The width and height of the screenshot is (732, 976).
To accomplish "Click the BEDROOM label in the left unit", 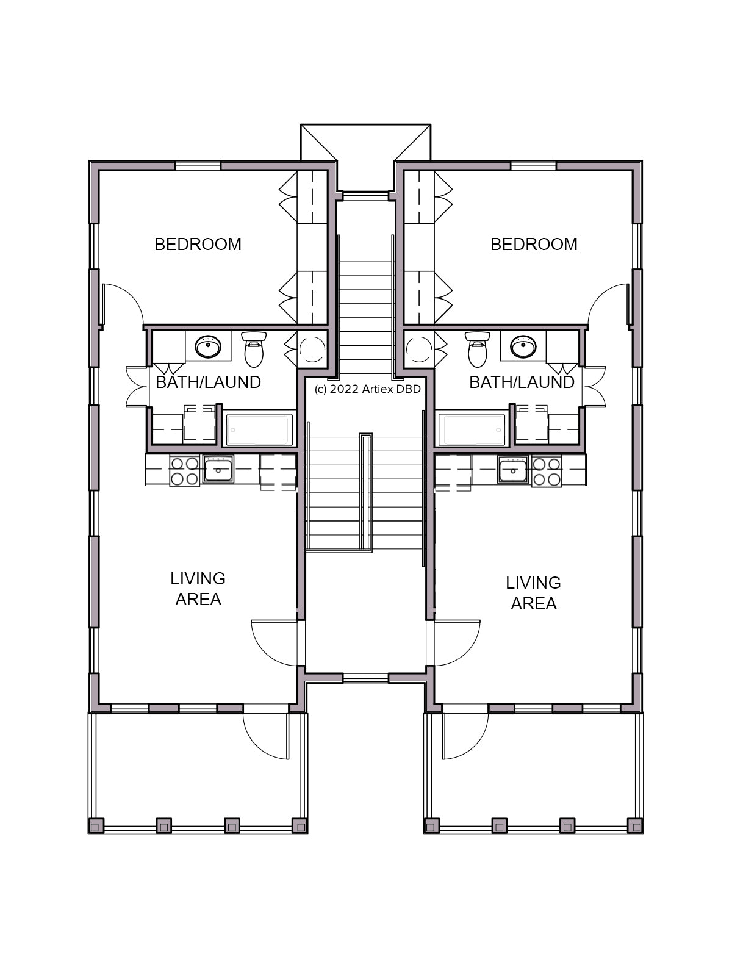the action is pyautogui.click(x=198, y=245).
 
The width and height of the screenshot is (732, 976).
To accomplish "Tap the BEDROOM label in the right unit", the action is pyautogui.click(x=534, y=245).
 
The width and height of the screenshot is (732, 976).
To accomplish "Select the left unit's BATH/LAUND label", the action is pyautogui.click(x=208, y=382).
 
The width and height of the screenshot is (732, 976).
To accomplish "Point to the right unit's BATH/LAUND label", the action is pyautogui.click(x=522, y=382).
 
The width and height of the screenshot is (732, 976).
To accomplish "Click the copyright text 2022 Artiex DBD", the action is pyautogui.click(x=368, y=389).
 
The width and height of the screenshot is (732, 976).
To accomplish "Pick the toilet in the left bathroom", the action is pyautogui.click(x=254, y=349).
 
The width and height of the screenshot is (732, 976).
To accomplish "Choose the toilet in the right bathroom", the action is pyautogui.click(x=478, y=349).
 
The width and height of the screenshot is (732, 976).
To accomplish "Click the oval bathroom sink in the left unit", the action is pyautogui.click(x=208, y=347).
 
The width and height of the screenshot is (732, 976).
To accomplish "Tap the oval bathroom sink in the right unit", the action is pyautogui.click(x=523, y=347).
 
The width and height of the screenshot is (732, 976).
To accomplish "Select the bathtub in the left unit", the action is pyautogui.click(x=260, y=430).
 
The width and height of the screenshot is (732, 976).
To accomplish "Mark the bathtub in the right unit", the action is pyautogui.click(x=472, y=430).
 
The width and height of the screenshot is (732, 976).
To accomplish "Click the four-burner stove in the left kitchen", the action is pyautogui.click(x=184, y=471).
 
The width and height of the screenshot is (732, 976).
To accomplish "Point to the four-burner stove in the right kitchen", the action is pyautogui.click(x=547, y=471).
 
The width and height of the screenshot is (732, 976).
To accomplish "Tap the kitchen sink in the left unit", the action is pyautogui.click(x=218, y=469).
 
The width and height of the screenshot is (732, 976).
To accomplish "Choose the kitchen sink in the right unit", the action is pyautogui.click(x=514, y=469).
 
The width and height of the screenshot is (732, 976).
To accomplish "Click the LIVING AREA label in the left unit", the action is pyautogui.click(x=198, y=589).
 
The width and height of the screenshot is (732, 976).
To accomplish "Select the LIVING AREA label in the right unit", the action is pyautogui.click(x=533, y=593).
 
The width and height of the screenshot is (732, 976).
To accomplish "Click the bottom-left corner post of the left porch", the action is pyautogui.click(x=96, y=826).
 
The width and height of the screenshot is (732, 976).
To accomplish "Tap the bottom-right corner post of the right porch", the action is pyautogui.click(x=636, y=826).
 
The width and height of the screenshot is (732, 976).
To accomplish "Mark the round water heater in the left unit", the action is pyautogui.click(x=313, y=349).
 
